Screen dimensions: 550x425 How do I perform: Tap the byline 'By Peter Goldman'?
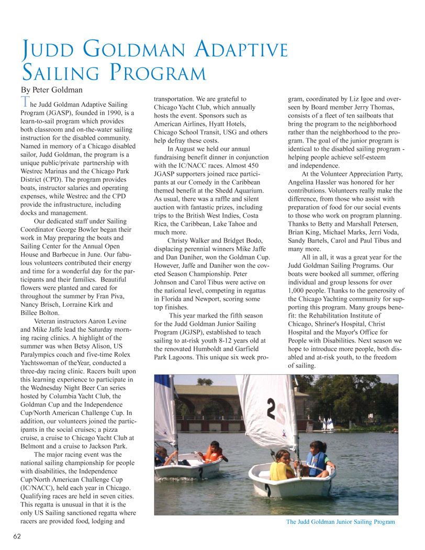click(x=51, y=89)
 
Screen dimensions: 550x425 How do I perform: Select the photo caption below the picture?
click(x=340, y=522)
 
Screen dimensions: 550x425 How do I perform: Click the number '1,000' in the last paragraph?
click(x=299, y=290)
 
